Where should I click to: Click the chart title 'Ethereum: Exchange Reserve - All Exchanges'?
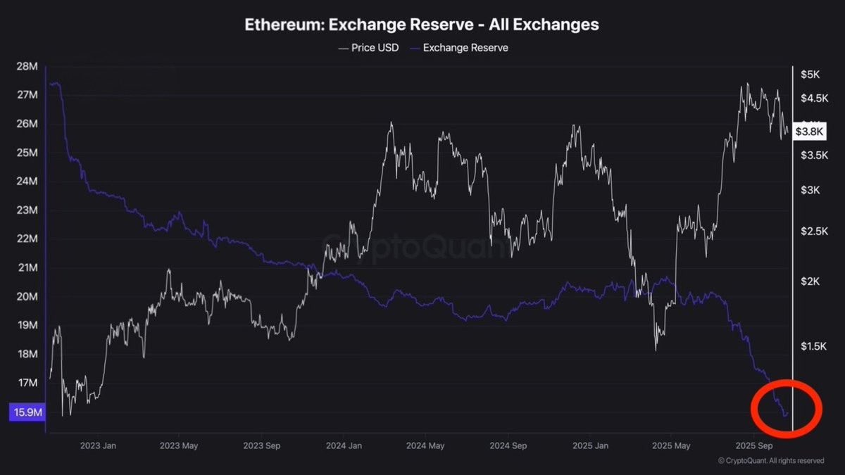tap(422, 25)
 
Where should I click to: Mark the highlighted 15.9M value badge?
tap(27, 412)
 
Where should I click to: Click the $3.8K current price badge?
tap(809, 131)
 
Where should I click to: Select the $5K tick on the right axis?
tap(810, 75)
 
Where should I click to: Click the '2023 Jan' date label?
tap(99, 446)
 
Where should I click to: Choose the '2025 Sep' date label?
tap(753, 446)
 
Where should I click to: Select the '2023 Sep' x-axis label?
tap(262, 446)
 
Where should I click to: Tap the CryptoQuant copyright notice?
tap(771, 461)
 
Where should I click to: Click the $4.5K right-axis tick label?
tap(813, 98)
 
